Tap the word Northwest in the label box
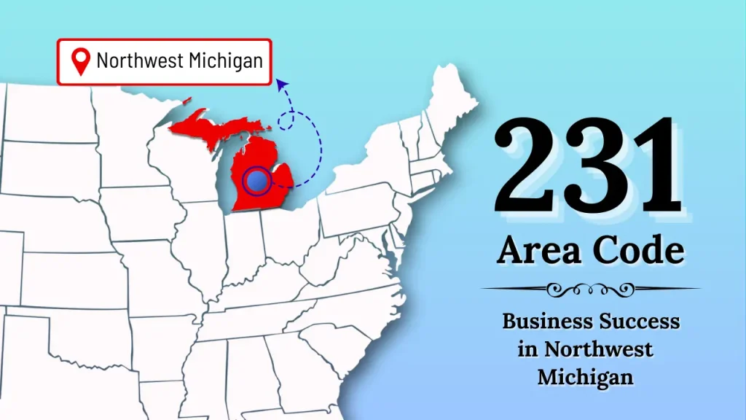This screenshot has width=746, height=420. (x=140, y=61)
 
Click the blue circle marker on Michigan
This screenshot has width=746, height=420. (x=255, y=179)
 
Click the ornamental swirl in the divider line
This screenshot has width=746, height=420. (x=590, y=289)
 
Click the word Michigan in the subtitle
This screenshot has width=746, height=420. (x=585, y=378)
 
